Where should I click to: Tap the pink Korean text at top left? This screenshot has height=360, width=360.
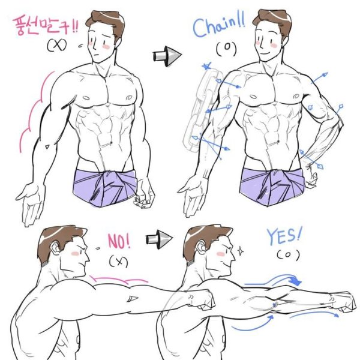coord(45,26)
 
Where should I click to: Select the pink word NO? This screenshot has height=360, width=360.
coord(119,241)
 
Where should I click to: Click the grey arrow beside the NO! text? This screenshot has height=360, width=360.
coord(159,239)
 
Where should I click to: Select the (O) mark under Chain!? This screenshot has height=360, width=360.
coord(227,49)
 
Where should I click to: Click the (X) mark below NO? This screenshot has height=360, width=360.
coord(118,261)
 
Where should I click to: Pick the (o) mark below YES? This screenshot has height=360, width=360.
coord(289,255)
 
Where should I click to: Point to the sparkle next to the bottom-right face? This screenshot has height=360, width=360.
coord(241,251)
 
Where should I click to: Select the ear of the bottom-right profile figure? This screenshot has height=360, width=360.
coord(202,247)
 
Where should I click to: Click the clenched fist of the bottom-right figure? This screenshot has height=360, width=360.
coord(341,301)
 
